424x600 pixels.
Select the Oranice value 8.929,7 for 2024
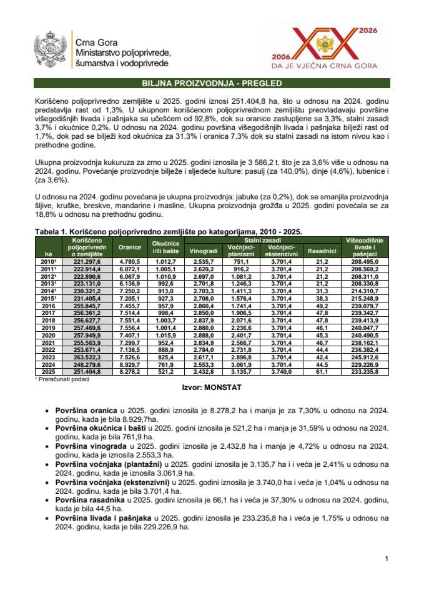pos(130,364)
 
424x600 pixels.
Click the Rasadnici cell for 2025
pos(322,371)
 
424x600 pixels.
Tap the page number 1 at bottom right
pos(387,558)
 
